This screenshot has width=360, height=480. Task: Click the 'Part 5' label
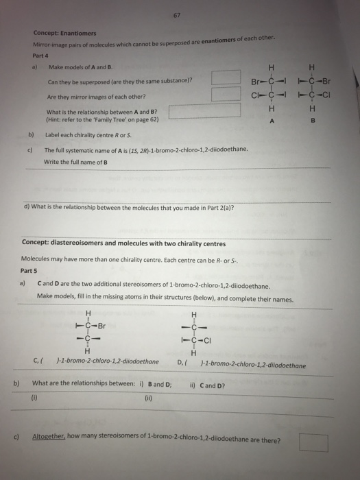point(31,270)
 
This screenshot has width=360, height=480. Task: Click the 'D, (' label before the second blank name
point(183,364)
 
